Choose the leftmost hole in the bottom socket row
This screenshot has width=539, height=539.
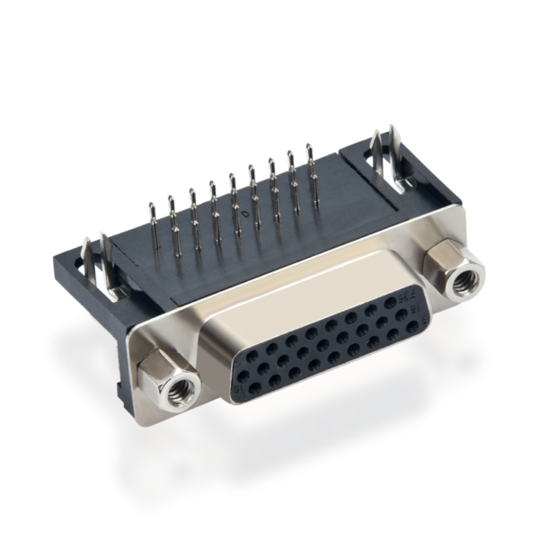tap(253, 387)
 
